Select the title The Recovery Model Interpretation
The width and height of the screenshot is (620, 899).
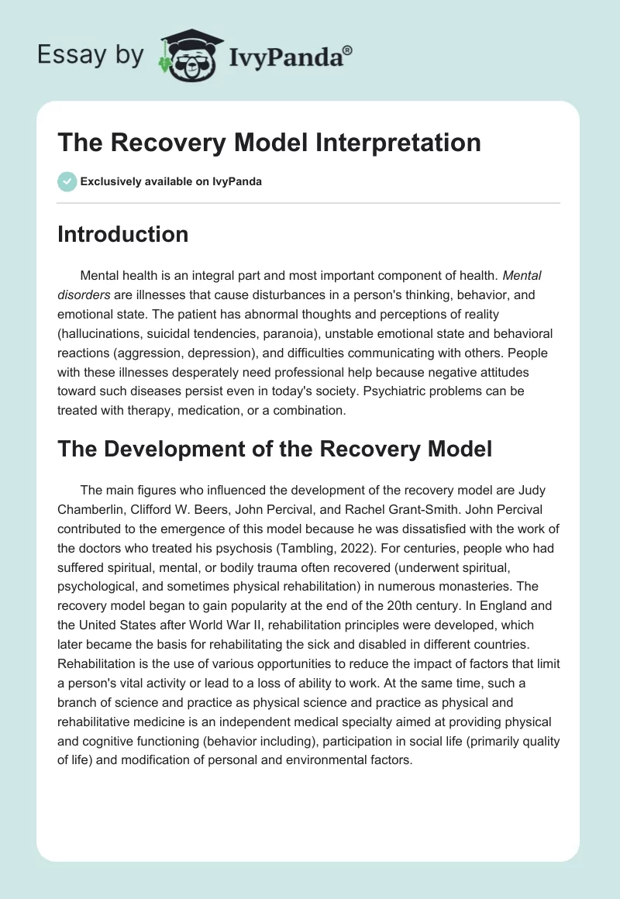pyautogui.click(x=269, y=143)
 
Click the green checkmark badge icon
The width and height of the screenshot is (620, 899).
pyautogui.click(x=67, y=182)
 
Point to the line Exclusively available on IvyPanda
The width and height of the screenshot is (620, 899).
pyautogui.click(x=171, y=182)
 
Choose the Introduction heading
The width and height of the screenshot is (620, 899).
pyautogui.click(x=122, y=234)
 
